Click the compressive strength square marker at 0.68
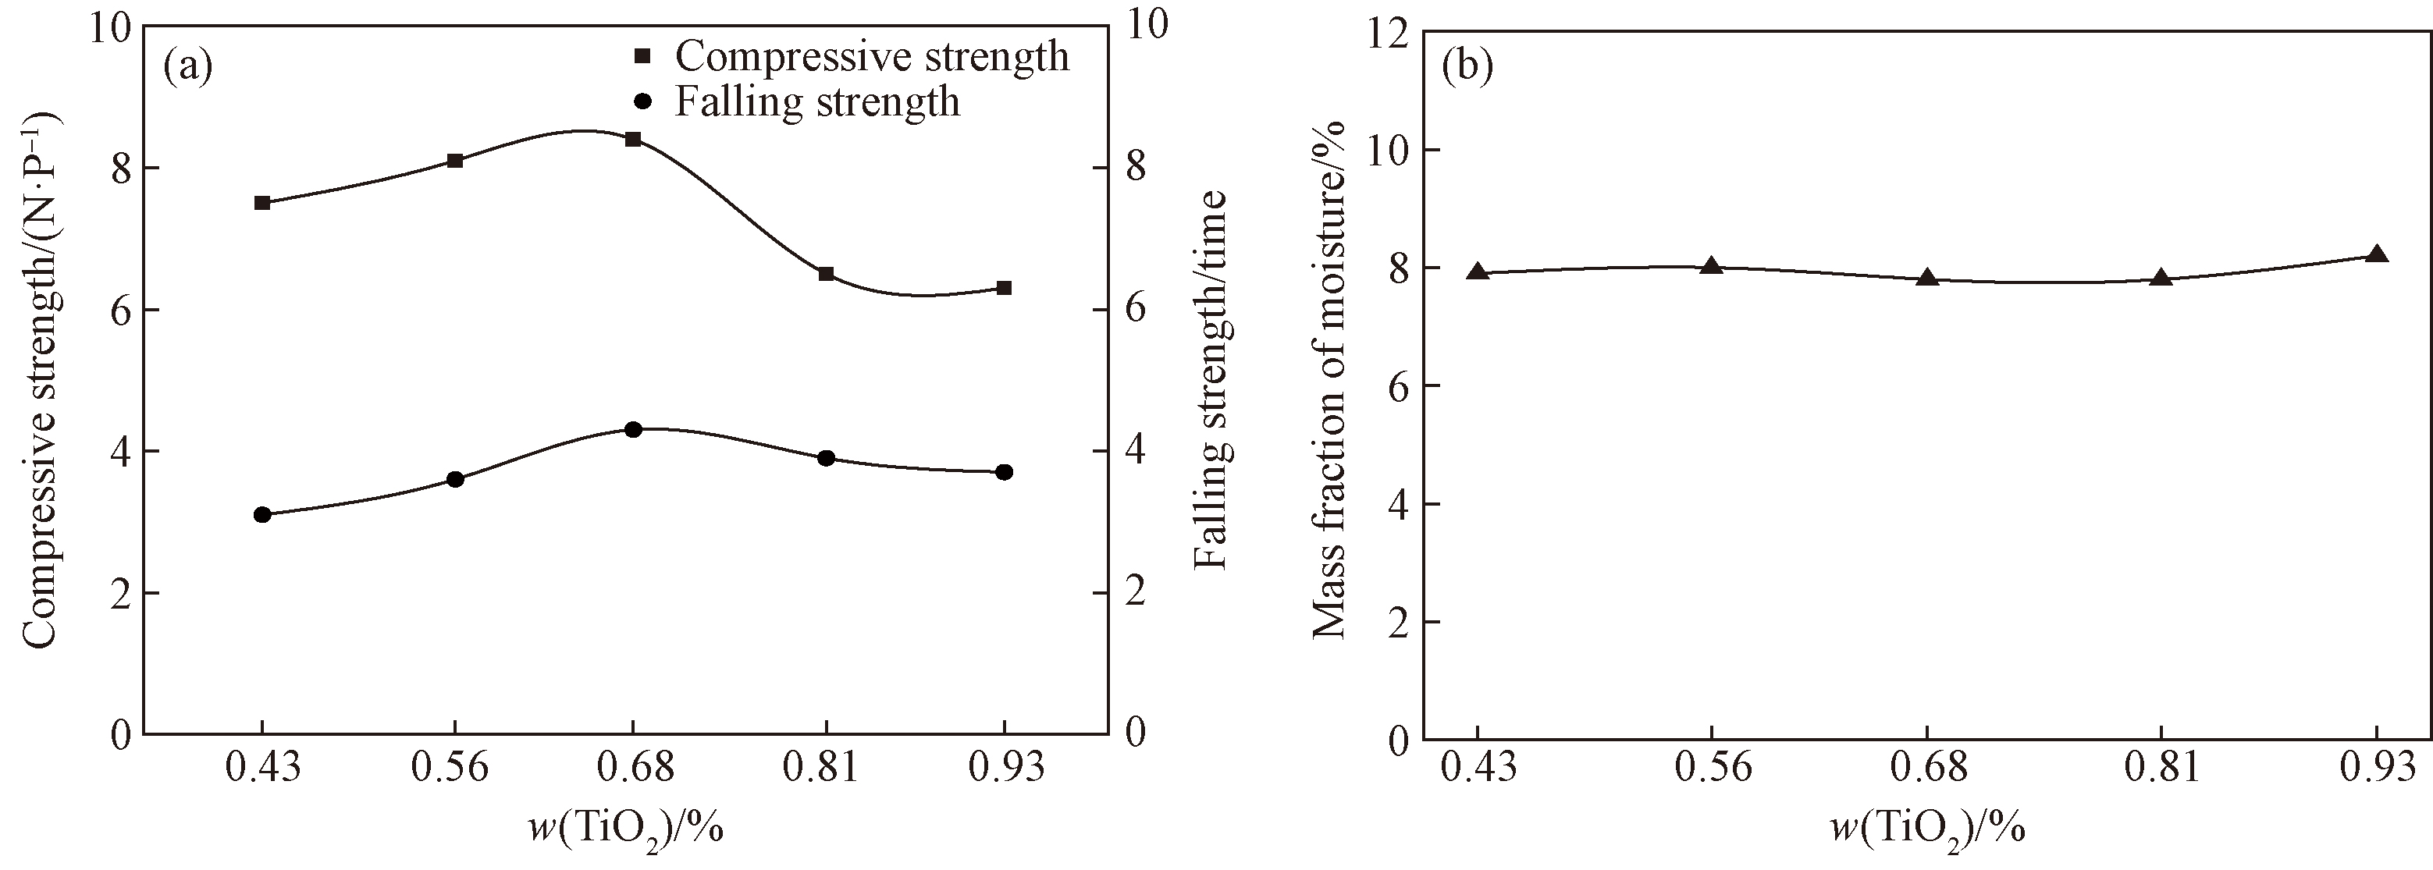tap(633, 140)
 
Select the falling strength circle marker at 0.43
tap(262, 515)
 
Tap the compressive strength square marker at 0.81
tap(827, 274)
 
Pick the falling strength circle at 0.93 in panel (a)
tap(1004, 472)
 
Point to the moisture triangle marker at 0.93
tap(2378, 254)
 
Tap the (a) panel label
tap(188, 67)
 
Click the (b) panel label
tap(1467, 67)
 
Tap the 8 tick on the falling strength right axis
tap(1132, 168)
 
